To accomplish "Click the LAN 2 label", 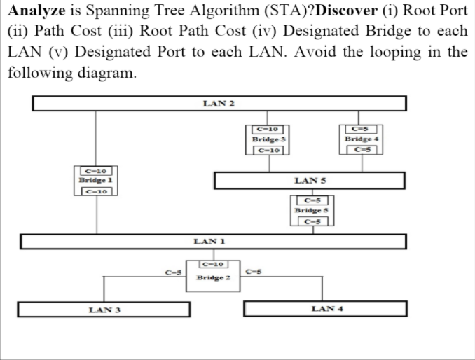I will click(x=218, y=104).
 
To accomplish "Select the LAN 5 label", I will click(x=309, y=181).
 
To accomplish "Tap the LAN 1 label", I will click(x=208, y=241).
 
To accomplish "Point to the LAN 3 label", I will click(x=102, y=309).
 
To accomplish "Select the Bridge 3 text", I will click(x=267, y=139).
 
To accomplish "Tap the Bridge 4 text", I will click(x=362, y=139).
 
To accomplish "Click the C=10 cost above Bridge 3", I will click(x=267, y=128).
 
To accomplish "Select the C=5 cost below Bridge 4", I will click(x=362, y=149).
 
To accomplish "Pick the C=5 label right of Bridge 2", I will click(x=254, y=272).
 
